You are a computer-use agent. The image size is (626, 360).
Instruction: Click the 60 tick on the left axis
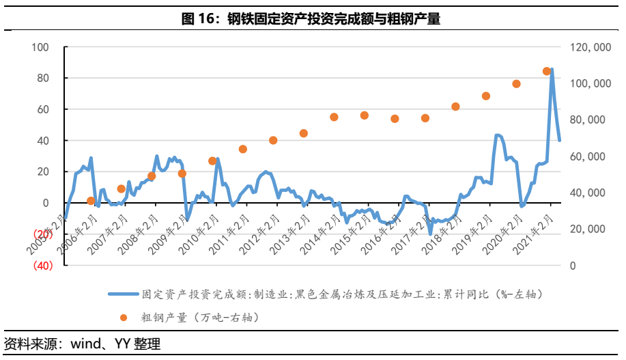coord(42,109)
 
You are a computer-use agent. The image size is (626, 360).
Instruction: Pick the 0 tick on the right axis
coord(574,266)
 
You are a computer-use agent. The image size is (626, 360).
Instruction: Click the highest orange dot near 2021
coord(547,71)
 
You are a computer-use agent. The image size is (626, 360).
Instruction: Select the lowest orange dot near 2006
coord(91,201)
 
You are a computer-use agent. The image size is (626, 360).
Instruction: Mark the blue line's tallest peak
coord(552,70)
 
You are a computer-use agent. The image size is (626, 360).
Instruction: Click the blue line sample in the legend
coord(122,294)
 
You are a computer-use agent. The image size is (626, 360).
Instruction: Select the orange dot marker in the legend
coord(123,317)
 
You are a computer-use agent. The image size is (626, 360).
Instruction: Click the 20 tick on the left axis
coord(42,172)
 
